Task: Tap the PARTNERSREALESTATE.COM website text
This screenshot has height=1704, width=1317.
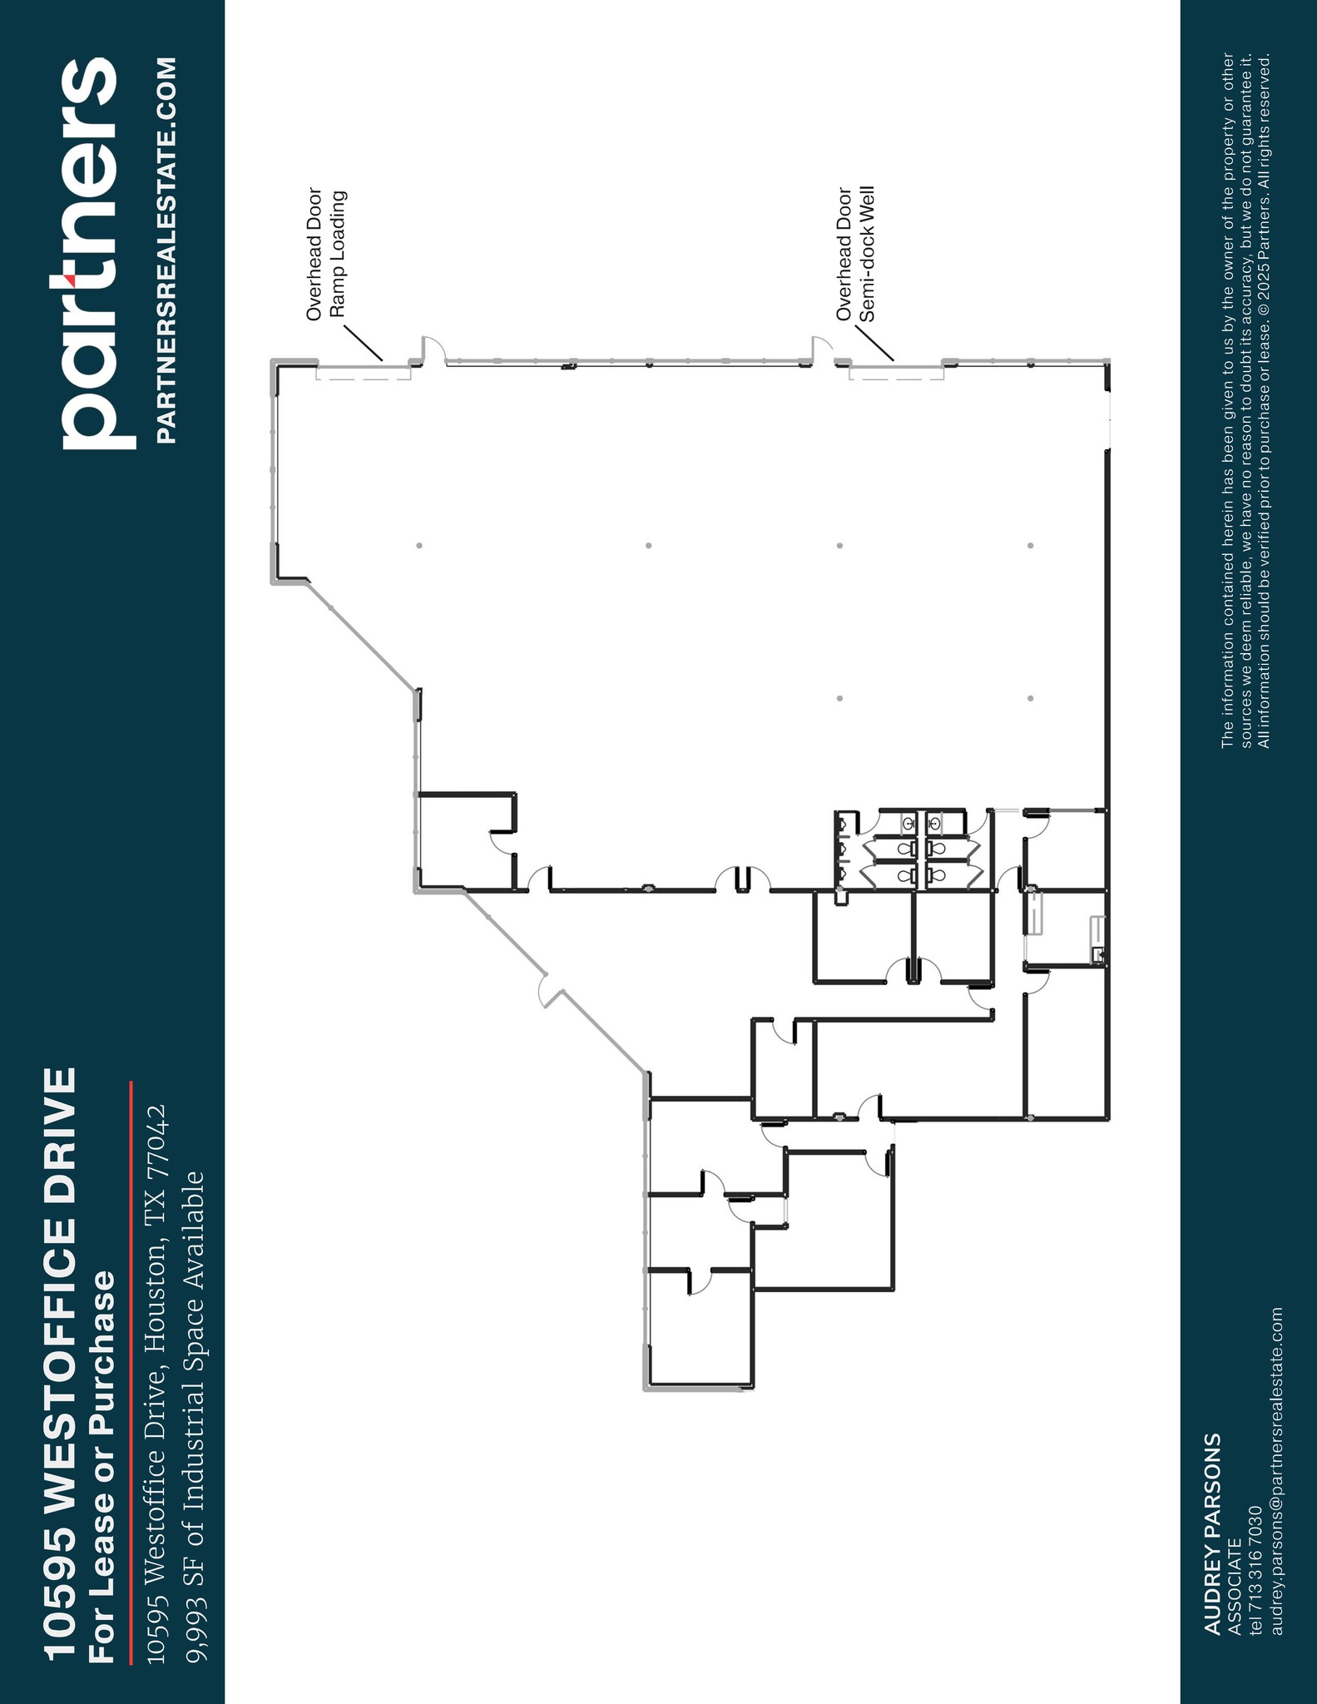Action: coord(166,250)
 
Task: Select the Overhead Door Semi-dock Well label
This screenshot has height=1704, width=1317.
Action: coord(856,254)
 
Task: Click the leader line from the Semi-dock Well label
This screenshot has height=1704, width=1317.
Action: coord(874,344)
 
